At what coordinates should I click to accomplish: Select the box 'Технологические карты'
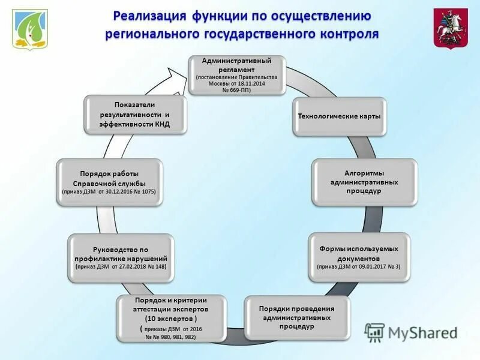[340, 116]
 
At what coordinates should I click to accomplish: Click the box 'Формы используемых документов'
[359, 256]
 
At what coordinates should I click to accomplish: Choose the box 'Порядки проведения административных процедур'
[296, 317]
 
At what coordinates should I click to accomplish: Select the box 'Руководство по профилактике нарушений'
[121, 257]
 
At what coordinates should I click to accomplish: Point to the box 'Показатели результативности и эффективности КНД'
[135, 114]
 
